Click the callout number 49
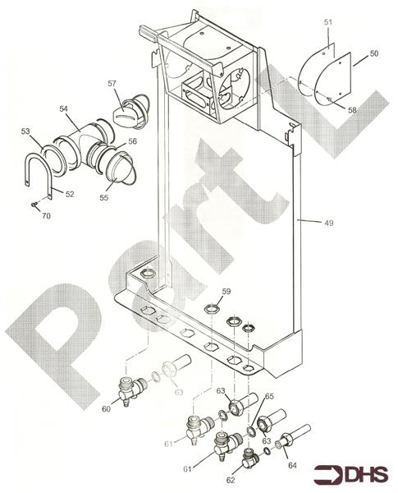(x=328, y=223)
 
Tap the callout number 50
(x=374, y=53)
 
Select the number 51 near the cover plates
(x=328, y=22)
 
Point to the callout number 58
(x=352, y=110)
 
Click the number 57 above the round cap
(x=112, y=83)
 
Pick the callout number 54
(x=63, y=108)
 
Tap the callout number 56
(x=133, y=141)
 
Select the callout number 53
(x=25, y=131)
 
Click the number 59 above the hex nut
(x=226, y=291)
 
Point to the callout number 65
(x=269, y=396)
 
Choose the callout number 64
(x=292, y=465)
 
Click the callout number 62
(x=231, y=480)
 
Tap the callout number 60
(x=106, y=409)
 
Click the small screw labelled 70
(x=34, y=205)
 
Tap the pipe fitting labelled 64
(x=293, y=435)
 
